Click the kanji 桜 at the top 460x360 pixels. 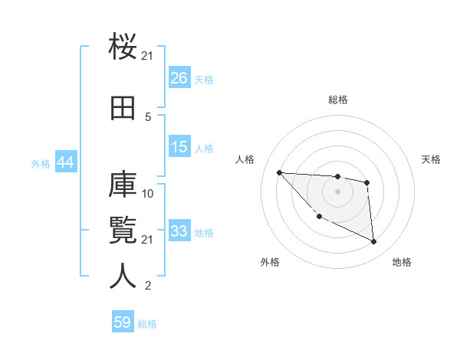click(123, 47)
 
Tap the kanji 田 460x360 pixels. click(123, 108)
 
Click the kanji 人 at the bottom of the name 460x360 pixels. click(123, 277)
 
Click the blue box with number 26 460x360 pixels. click(179, 78)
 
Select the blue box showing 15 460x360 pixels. click(179, 146)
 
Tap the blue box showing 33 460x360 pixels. click(179, 231)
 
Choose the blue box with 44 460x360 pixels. click(65, 163)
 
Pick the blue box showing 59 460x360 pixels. click(123, 322)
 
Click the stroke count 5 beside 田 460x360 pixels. click(148, 116)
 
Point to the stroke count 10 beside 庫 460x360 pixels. click(148, 194)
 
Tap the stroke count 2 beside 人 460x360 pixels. click(148, 286)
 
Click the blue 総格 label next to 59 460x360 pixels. click(147, 324)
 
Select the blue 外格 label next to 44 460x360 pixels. click(41, 164)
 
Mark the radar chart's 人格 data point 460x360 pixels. click(279, 172)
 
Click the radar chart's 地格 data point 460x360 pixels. click(373, 242)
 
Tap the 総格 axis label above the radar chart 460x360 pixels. click(337, 100)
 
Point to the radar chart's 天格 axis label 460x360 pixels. click(432, 159)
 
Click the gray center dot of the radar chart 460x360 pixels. click(337, 191)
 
